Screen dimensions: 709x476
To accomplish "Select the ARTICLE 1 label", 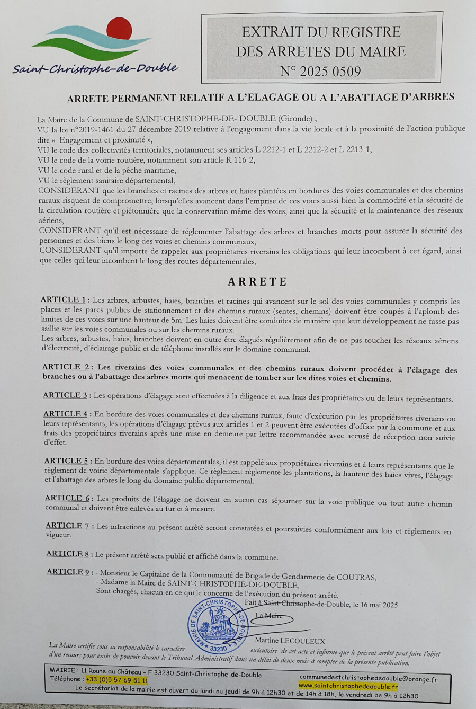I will (x=63, y=300).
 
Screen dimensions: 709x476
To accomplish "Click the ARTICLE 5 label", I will (x=66, y=461).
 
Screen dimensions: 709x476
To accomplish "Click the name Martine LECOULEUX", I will (x=297, y=641).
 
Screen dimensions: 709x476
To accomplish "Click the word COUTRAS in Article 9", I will (x=357, y=578).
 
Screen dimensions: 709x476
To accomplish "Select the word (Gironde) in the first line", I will (x=296, y=119).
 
